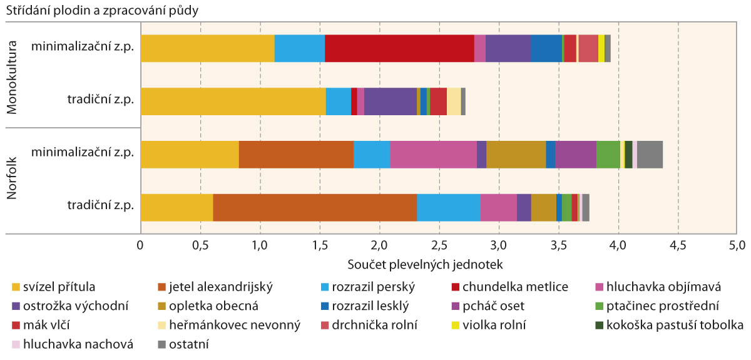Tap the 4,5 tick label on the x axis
click(678, 243)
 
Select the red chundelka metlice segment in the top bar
click(399, 49)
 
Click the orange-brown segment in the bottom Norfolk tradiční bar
click(315, 208)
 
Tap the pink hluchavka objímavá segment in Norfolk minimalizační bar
click(433, 155)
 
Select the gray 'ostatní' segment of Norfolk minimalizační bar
click(650, 155)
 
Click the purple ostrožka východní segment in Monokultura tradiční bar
click(390, 101)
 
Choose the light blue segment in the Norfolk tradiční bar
click(448, 208)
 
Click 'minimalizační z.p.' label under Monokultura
click(83, 49)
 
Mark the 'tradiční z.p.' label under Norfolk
click(100, 208)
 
